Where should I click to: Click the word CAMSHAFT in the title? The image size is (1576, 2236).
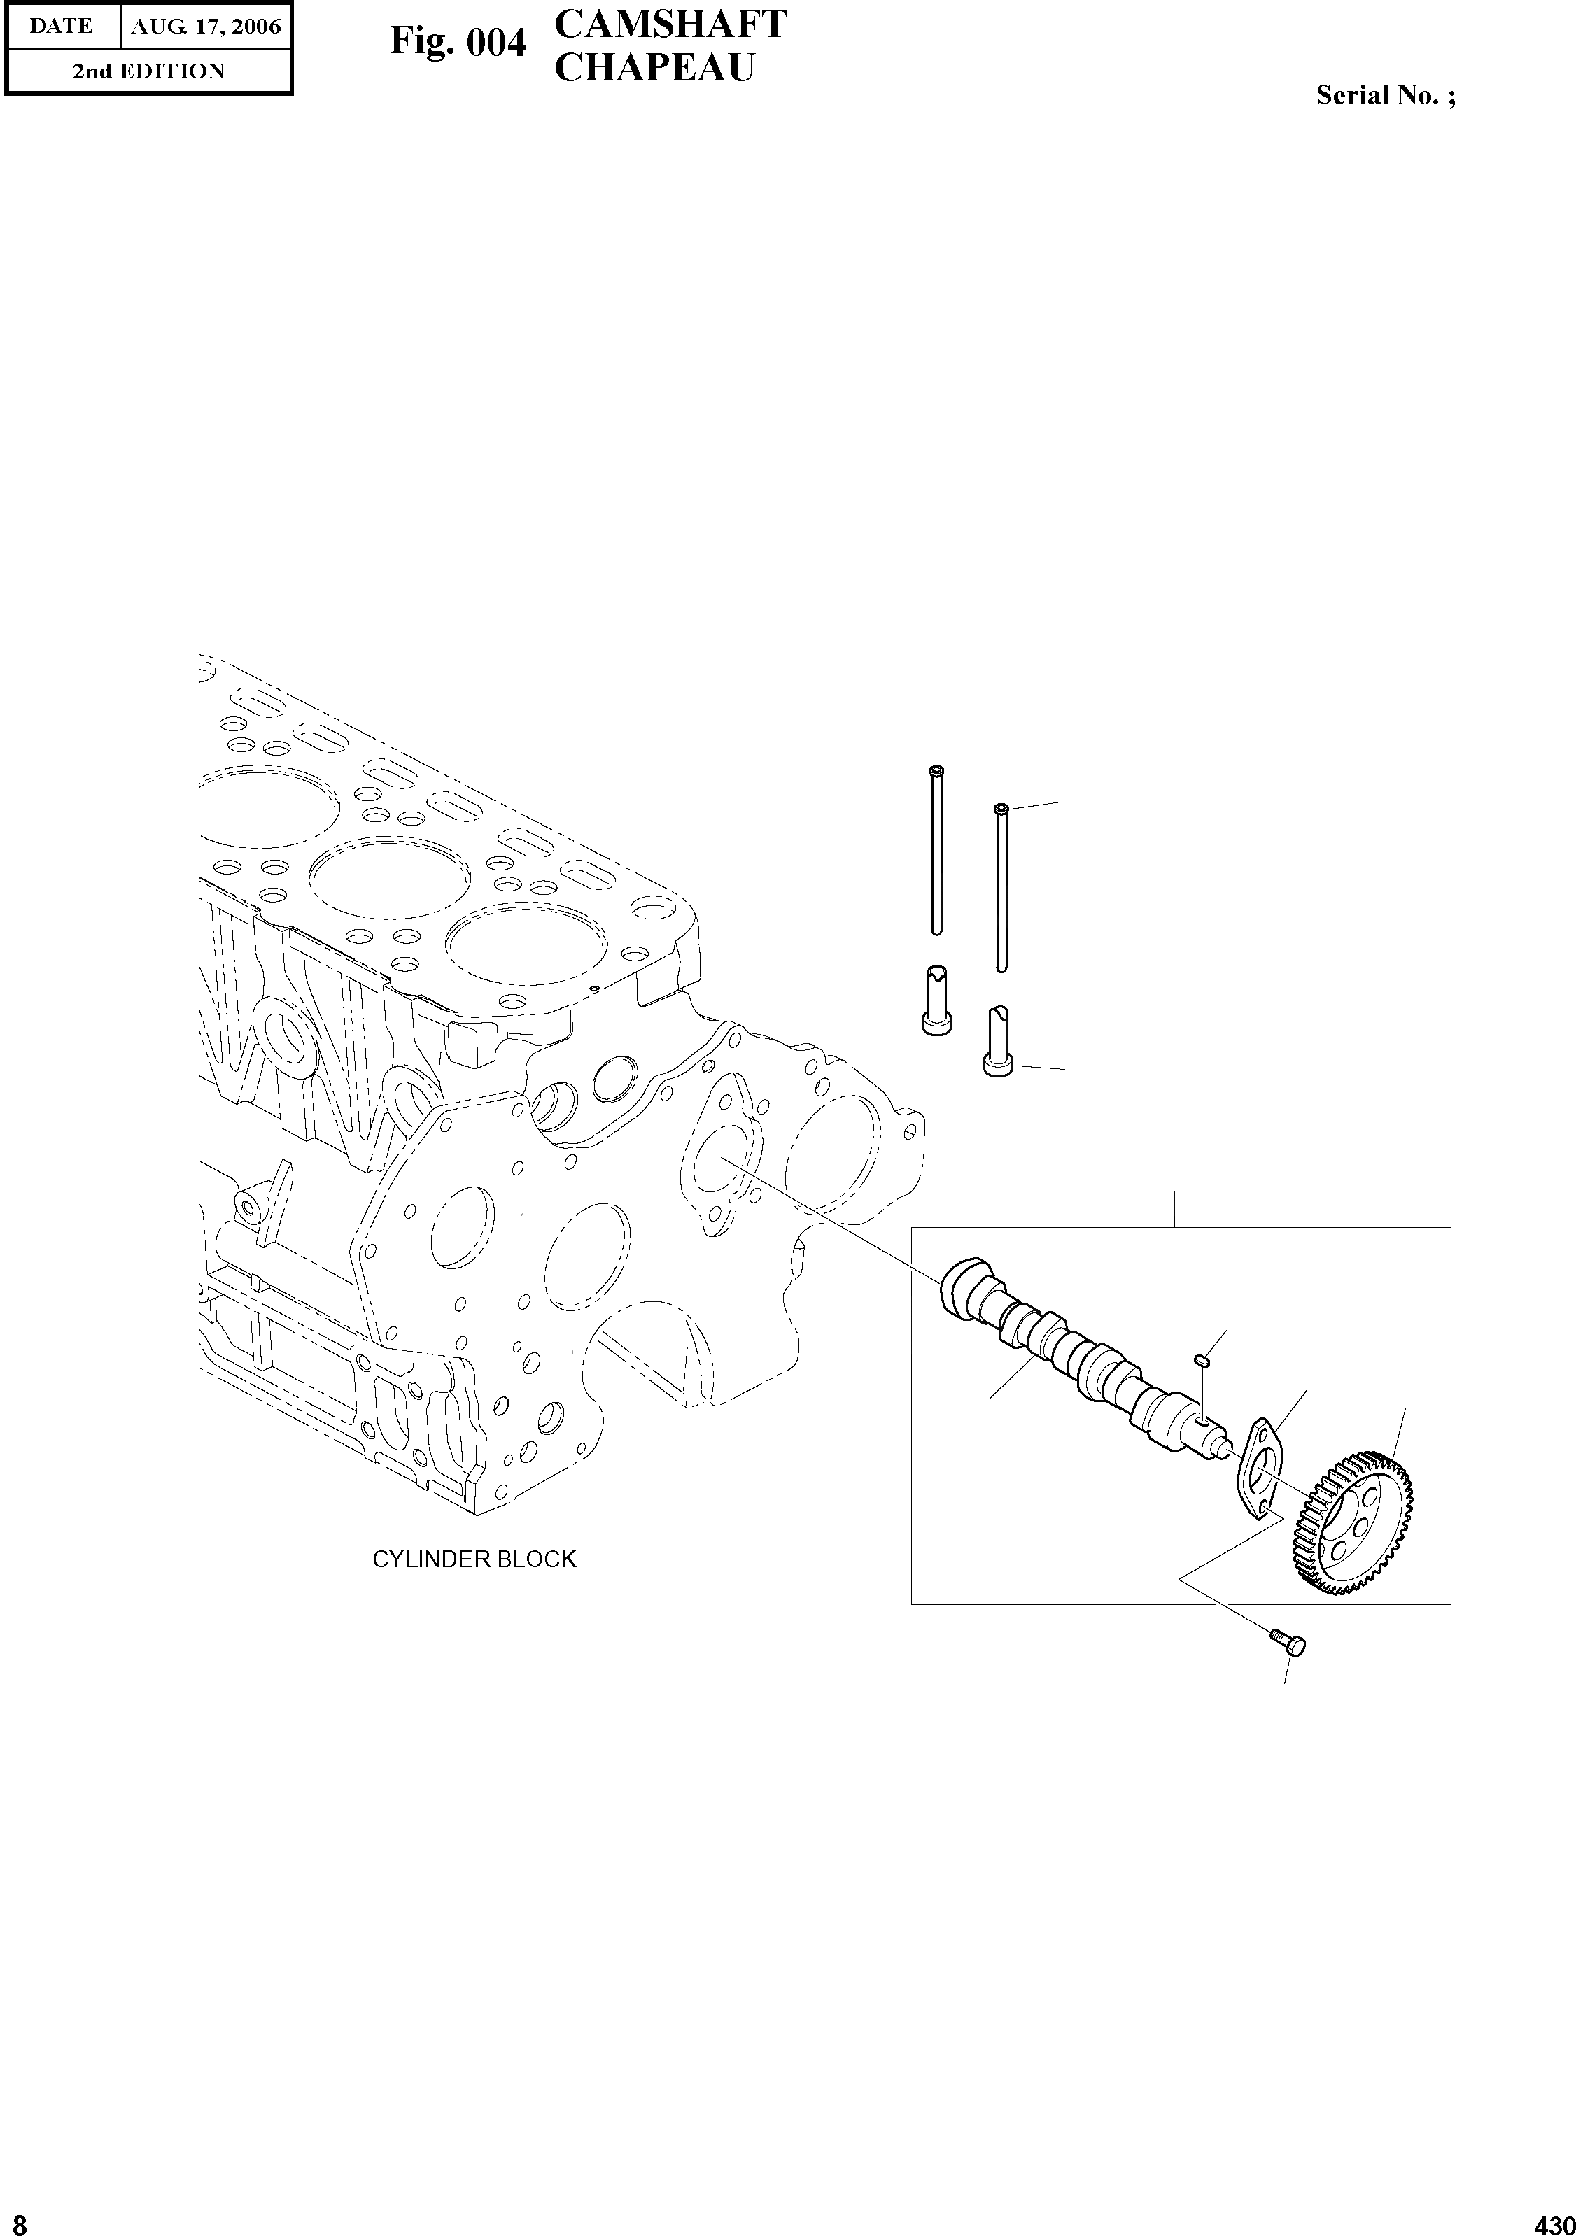tap(670, 24)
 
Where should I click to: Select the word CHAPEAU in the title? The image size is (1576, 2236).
tap(654, 67)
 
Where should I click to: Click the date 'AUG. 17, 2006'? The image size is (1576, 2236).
tap(206, 27)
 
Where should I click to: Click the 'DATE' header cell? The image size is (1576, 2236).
tap(62, 27)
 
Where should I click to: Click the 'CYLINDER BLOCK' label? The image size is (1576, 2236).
tap(474, 1559)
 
